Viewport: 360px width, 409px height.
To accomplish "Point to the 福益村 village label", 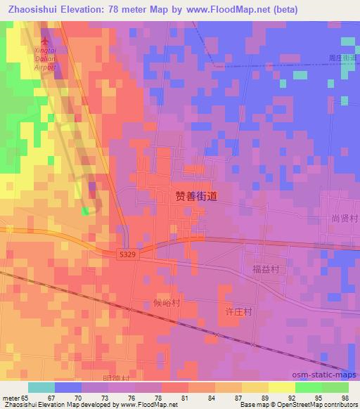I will click(x=266, y=269).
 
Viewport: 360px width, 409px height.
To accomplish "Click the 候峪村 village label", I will click(x=167, y=303).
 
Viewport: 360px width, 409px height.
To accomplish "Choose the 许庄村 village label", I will click(x=238, y=311).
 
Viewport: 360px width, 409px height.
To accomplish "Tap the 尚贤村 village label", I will click(x=345, y=219).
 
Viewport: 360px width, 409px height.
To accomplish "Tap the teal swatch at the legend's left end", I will click(x=41, y=387).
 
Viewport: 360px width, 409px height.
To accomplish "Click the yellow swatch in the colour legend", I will click(x=282, y=387).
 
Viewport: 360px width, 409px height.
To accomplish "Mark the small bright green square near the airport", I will click(x=85, y=210).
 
